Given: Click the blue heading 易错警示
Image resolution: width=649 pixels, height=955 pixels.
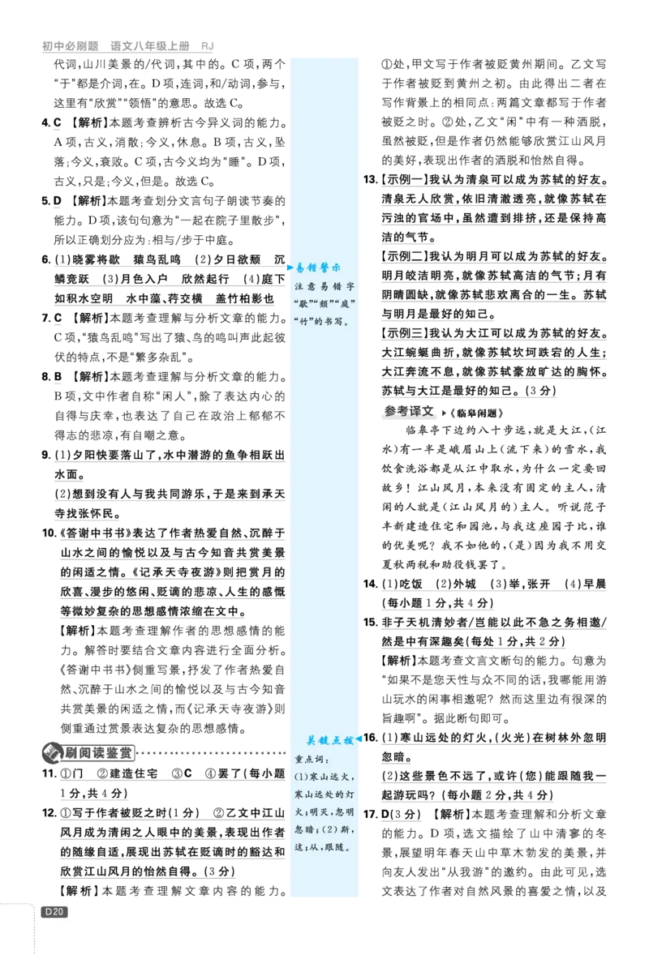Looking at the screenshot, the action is tap(320, 268).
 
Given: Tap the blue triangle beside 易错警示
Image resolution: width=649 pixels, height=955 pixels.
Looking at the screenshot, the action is tap(290, 267).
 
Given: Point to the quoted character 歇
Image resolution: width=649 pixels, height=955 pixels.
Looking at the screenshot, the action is tap(307, 303).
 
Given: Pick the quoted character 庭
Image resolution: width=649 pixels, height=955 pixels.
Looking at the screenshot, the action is tap(349, 303).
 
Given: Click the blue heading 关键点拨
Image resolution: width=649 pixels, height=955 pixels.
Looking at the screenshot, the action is tap(329, 740).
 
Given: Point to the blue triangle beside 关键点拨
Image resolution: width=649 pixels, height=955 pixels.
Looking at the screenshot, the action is tap(359, 739).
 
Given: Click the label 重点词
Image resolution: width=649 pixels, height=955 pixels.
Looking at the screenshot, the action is tap(309, 760).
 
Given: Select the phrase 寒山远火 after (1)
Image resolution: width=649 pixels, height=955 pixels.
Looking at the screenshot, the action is tap(331, 777).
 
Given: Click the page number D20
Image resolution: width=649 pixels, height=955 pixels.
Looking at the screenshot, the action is tap(54, 911).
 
